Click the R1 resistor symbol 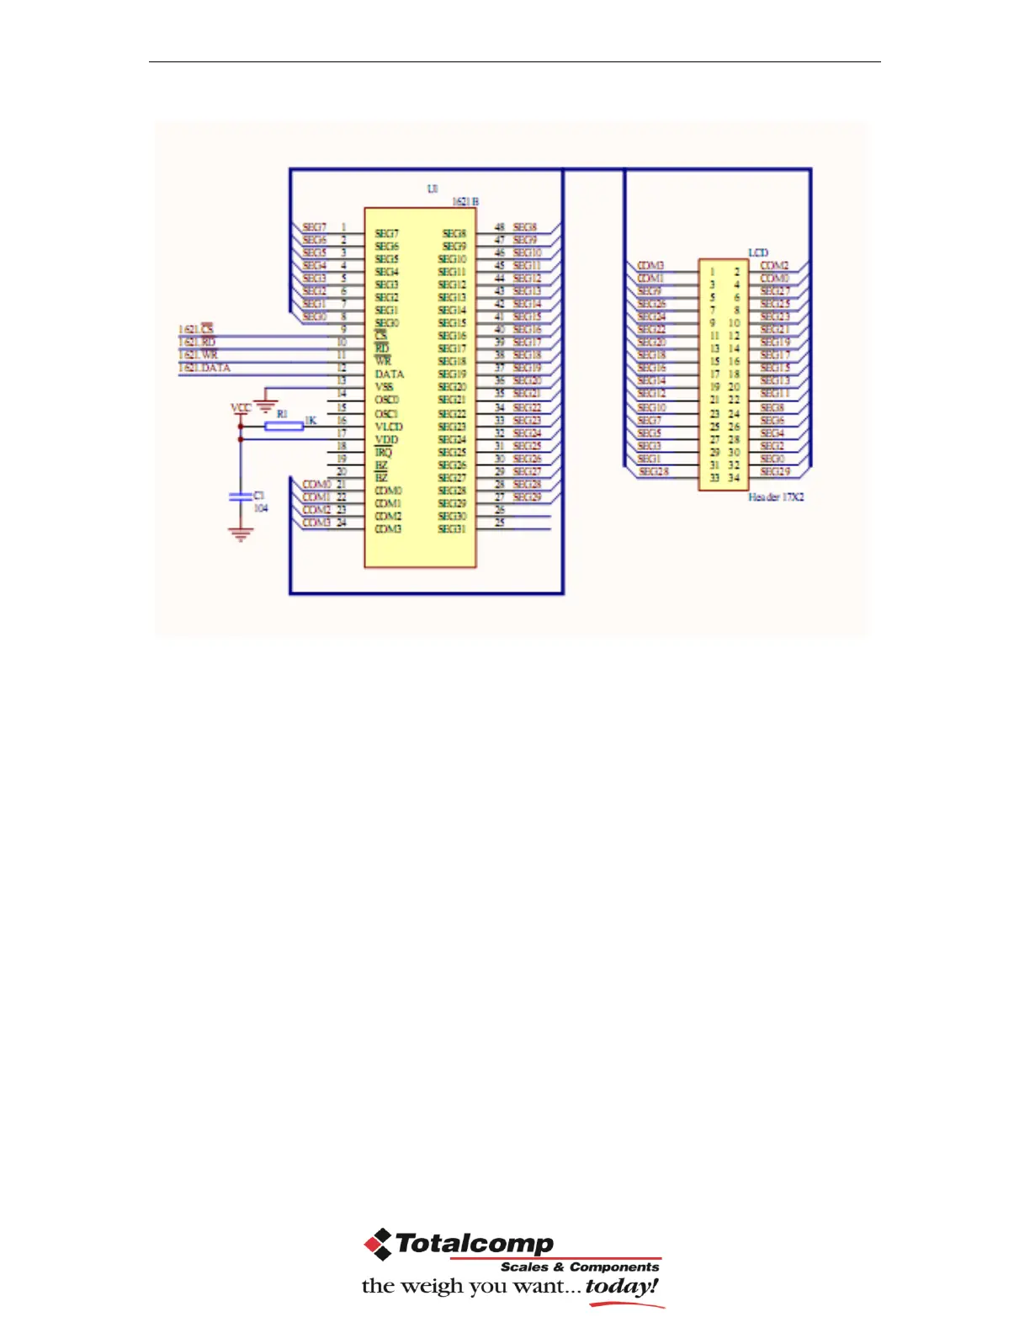284,427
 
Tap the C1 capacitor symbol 241,497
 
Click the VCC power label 241,407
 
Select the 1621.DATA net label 204,368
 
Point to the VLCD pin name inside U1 388,427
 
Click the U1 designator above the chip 433,189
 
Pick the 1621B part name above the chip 465,202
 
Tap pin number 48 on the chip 499,227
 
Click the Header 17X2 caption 776,497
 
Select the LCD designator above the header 758,252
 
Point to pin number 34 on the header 734,478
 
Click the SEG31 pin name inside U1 452,529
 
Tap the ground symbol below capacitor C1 241,534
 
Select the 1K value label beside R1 311,420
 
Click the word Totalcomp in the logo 474,1243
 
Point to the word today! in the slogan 622,1286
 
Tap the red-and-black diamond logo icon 378,1244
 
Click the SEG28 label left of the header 654,472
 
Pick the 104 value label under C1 261,508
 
